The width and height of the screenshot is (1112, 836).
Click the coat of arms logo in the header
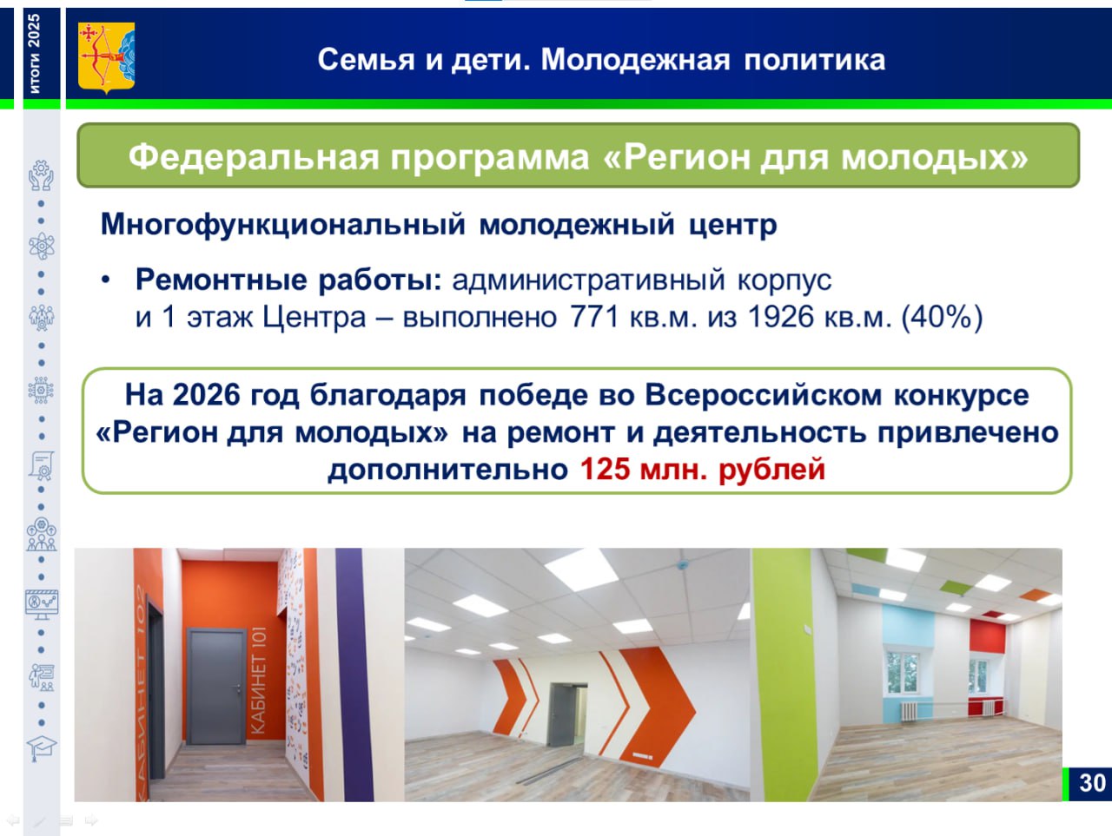coord(106,57)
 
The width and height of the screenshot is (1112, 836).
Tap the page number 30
coord(1092,783)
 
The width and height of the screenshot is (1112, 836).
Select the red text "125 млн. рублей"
coord(703,469)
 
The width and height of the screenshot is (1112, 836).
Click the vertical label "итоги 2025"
coord(35,54)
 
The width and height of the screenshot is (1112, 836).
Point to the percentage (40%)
coord(942,318)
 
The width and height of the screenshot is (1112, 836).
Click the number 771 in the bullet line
coord(595,317)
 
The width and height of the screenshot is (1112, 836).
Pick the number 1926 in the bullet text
coord(781,317)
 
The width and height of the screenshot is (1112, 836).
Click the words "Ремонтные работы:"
coord(289,280)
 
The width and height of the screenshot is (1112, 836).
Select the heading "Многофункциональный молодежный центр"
coord(439,225)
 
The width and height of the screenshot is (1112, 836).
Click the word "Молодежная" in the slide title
coord(635,60)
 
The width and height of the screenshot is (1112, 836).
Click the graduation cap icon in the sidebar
coord(42,748)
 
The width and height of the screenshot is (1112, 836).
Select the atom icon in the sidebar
coord(42,247)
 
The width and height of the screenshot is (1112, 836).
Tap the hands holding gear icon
coord(41,175)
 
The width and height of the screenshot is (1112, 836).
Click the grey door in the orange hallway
coord(217,686)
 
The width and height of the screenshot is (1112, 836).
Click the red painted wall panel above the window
coord(988,635)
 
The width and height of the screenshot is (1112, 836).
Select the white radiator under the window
coord(910,711)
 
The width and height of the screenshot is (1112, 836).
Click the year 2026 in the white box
coord(206,395)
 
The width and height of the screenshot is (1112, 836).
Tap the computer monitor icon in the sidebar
coord(42,604)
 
